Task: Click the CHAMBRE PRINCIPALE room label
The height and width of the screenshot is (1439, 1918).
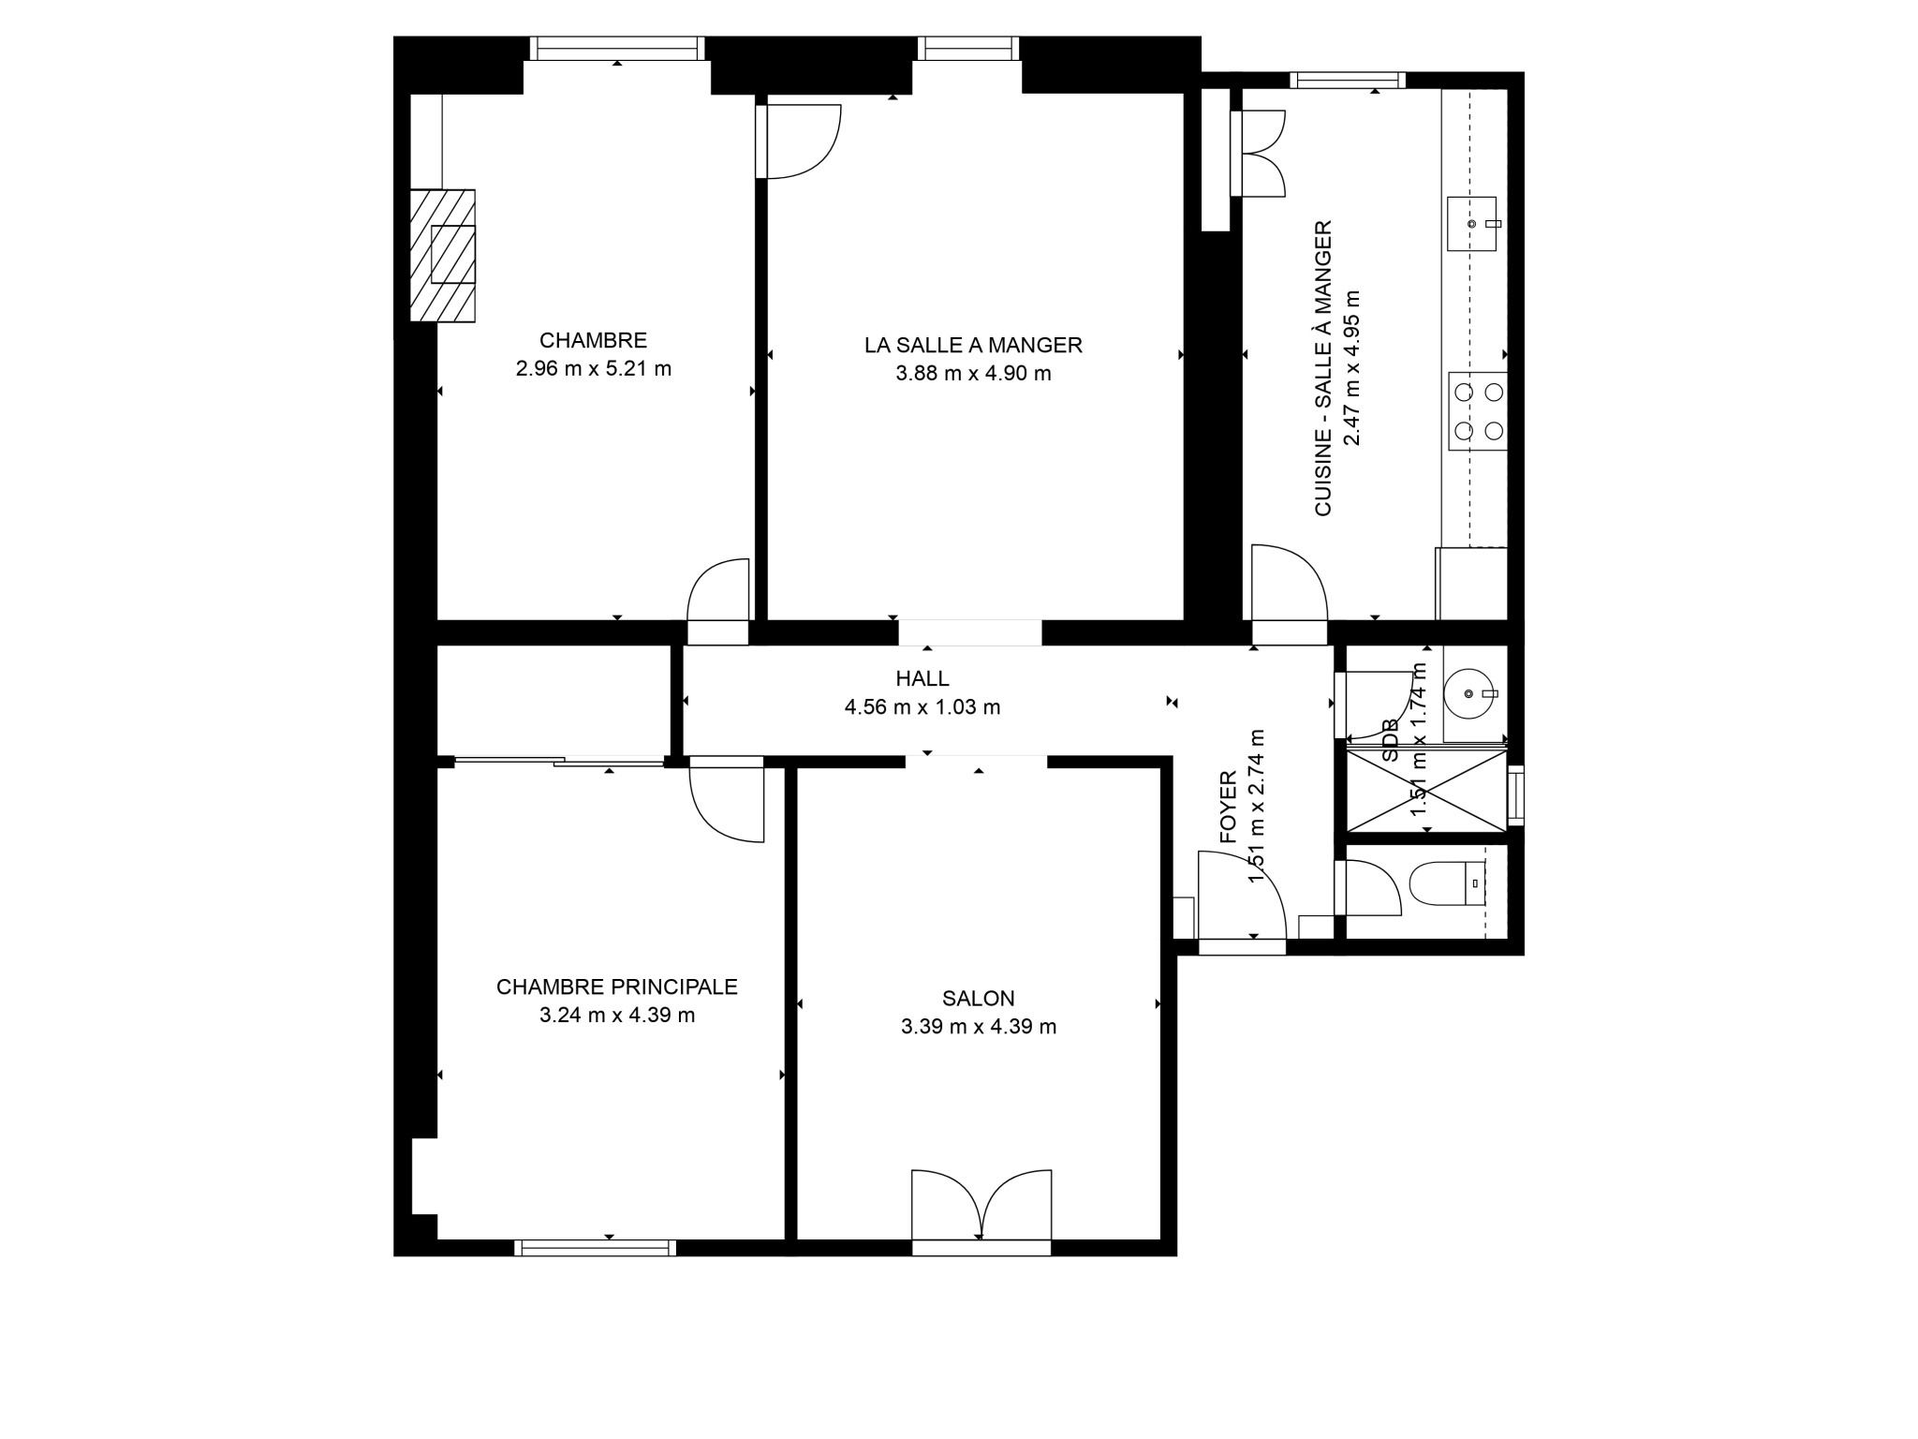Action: click(x=617, y=987)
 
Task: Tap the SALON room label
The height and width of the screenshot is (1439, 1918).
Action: click(x=979, y=999)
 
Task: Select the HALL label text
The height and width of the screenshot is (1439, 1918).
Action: click(x=922, y=678)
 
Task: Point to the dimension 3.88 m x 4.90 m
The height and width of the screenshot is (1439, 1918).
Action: click(x=973, y=374)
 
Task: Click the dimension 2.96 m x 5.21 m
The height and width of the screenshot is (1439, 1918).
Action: click(x=594, y=369)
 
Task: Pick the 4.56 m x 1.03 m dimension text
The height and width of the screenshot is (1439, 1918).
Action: click(x=922, y=707)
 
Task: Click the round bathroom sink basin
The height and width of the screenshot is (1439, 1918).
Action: click(x=1471, y=693)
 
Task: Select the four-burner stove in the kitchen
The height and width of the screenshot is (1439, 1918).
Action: click(x=1478, y=411)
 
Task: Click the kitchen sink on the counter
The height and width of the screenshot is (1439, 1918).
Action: click(x=1472, y=224)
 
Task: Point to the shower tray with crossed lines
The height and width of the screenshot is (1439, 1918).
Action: click(x=1426, y=790)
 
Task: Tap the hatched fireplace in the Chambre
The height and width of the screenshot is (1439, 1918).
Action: click(x=443, y=256)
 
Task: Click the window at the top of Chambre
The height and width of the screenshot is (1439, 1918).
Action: click(x=616, y=49)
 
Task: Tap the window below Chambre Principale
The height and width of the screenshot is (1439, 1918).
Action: click(x=595, y=1248)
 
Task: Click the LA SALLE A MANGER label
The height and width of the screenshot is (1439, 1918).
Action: click(x=973, y=345)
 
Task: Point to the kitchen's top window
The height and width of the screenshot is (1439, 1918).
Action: click(x=1348, y=81)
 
